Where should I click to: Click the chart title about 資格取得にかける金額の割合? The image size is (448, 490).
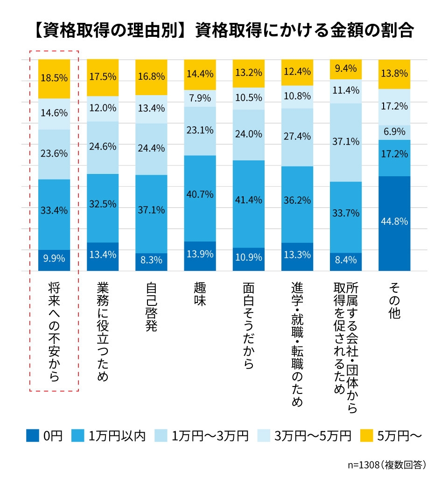[x=224, y=31]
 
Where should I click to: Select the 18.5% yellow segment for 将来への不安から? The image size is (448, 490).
[x=54, y=78]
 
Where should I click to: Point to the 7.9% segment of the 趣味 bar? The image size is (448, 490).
[x=200, y=98]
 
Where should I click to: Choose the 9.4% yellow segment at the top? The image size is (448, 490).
[x=346, y=69]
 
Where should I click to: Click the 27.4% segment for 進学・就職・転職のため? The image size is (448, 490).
[x=297, y=137]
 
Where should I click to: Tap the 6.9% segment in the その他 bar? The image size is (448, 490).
[x=394, y=132]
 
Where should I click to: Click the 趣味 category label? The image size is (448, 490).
[x=200, y=294]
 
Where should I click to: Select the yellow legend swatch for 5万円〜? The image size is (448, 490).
[x=367, y=435]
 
